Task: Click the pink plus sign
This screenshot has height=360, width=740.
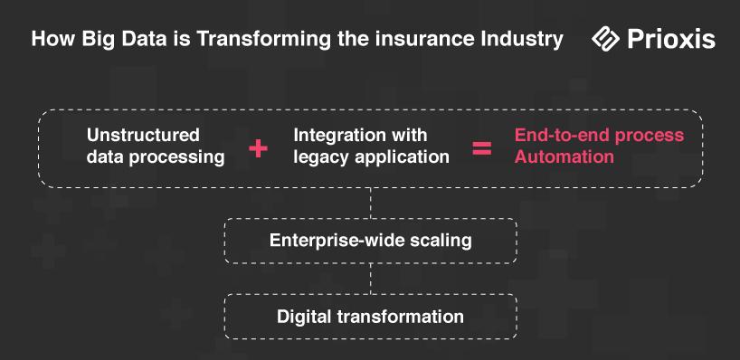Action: pyautogui.click(x=258, y=148)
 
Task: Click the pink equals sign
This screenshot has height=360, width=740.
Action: pyautogui.click(x=482, y=148)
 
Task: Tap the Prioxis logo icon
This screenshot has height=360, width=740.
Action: pyautogui.click(x=605, y=38)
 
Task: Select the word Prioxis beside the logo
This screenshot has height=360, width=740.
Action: pyautogui.click(x=671, y=39)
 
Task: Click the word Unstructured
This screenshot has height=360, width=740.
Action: pyautogui.click(x=143, y=136)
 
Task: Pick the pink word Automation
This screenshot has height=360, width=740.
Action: pyautogui.click(x=564, y=156)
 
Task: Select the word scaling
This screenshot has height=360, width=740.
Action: pyautogui.click(x=441, y=242)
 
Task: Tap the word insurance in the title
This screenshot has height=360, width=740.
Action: pyautogui.click(x=417, y=39)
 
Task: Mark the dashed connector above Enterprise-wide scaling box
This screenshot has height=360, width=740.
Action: pyautogui.click(x=371, y=203)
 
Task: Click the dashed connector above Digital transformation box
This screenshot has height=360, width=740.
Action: pyautogui.click(x=371, y=279)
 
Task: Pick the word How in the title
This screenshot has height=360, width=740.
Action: pyautogui.click(x=53, y=39)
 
